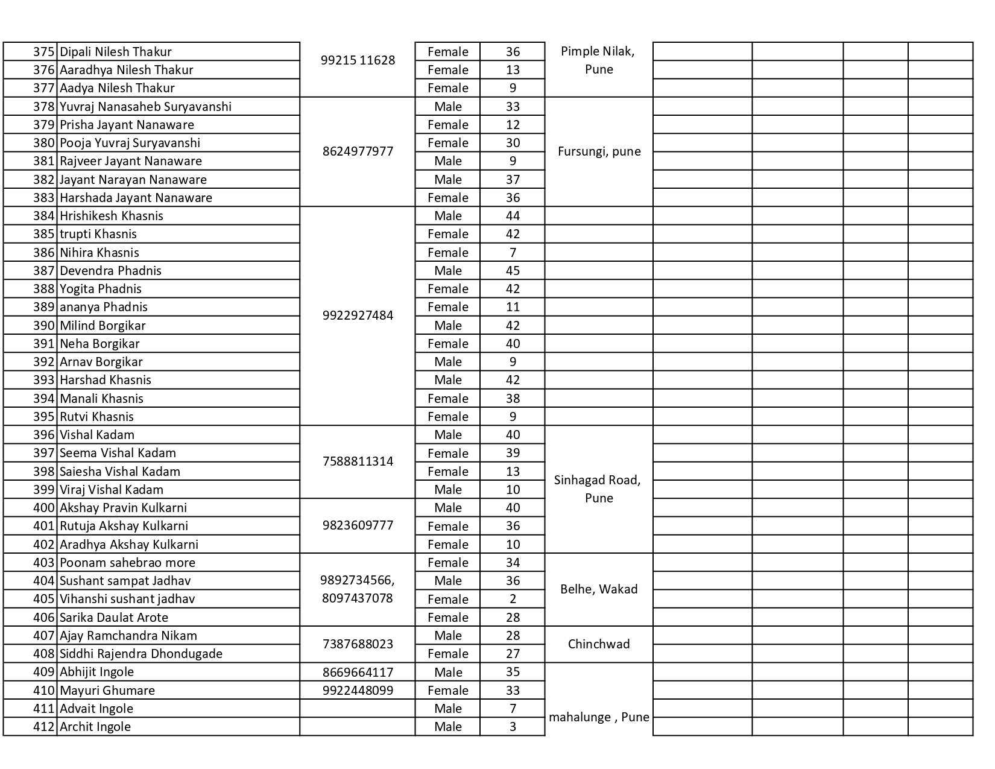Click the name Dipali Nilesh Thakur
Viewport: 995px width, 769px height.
tap(116, 52)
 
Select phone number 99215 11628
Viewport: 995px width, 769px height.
tap(358, 60)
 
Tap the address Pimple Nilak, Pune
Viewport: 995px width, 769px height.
tap(598, 60)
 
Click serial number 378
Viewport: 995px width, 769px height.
tap(43, 107)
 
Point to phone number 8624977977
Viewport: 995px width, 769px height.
tap(358, 151)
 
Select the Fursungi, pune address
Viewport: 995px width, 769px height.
tap(599, 151)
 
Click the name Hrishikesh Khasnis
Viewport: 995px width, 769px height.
tap(111, 216)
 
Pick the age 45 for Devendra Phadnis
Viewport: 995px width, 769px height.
tap(513, 271)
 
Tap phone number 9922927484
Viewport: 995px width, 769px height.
tap(358, 315)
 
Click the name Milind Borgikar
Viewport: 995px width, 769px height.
tap(103, 326)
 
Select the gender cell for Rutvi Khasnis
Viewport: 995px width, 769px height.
tap(447, 417)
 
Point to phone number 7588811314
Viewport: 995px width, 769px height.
tap(358, 461)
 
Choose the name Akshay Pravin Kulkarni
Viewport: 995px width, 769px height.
tap(123, 508)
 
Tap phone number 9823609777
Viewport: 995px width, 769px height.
tap(358, 525)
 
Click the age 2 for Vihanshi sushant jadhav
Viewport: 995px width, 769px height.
tap(513, 599)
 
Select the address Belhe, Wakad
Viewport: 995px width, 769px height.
tap(599, 589)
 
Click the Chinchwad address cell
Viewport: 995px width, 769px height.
tap(599, 644)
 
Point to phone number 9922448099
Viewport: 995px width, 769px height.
tap(358, 690)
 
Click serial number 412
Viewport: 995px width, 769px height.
tap(43, 727)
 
